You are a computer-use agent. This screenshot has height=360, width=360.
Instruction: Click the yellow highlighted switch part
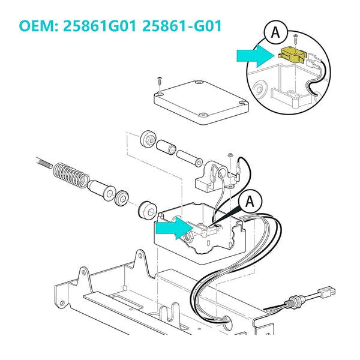click(291, 55)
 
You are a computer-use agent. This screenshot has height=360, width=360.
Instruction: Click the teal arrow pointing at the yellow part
click(256, 56)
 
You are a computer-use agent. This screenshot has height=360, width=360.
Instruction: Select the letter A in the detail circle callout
click(275, 33)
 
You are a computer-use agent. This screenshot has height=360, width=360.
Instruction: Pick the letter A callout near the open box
click(250, 202)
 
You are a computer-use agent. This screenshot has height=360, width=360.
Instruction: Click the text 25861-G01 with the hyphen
click(182, 26)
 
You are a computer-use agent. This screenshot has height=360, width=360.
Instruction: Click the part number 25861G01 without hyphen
click(100, 26)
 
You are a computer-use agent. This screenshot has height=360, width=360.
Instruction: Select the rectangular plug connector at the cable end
click(326, 292)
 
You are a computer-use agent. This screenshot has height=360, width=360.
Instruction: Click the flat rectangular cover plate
click(201, 102)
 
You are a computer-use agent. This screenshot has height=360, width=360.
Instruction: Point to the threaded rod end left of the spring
click(45, 163)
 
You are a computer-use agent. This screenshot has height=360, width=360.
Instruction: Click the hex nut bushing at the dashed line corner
click(148, 139)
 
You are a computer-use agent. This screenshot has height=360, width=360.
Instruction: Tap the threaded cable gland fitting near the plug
click(295, 302)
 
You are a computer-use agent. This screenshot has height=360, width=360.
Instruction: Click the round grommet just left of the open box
click(148, 211)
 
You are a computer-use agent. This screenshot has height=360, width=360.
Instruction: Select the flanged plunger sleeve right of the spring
click(101, 188)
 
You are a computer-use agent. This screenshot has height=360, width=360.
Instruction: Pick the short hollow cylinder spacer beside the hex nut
click(166, 148)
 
